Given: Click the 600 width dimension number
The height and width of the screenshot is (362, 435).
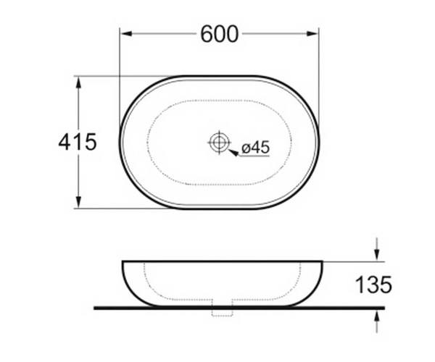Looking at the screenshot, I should pyautogui.click(x=219, y=33).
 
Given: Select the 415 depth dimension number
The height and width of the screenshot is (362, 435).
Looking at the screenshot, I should pyautogui.click(x=78, y=142).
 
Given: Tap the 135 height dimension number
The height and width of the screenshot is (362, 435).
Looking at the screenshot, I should pyautogui.click(x=374, y=285).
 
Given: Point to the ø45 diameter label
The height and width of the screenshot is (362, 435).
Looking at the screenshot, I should pyautogui.click(x=254, y=148).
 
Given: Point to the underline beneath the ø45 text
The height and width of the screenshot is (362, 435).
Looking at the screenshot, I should pyautogui.click(x=254, y=156).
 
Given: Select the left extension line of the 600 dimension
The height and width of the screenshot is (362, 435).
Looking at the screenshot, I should pyautogui.click(x=120, y=72).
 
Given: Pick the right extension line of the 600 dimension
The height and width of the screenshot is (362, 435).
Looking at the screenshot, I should pyautogui.click(x=319, y=72).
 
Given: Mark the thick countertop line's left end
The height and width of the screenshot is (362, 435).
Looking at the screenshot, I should pyautogui.click(x=96, y=308).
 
